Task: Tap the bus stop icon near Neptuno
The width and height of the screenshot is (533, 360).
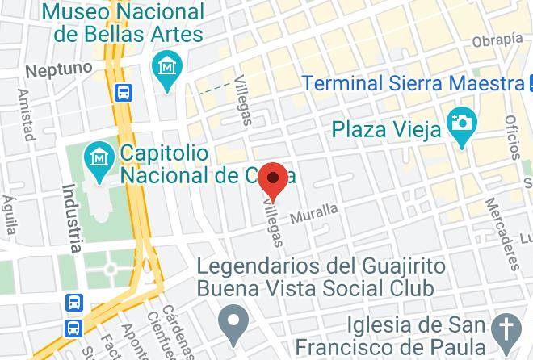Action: (x=124, y=92)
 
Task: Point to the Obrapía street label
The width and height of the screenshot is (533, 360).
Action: (x=497, y=40)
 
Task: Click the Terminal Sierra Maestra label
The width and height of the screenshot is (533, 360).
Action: (x=413, y=83)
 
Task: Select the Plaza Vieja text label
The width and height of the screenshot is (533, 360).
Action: (x=387, y=128)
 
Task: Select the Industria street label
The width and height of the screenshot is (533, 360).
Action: (x=72, y=218)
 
